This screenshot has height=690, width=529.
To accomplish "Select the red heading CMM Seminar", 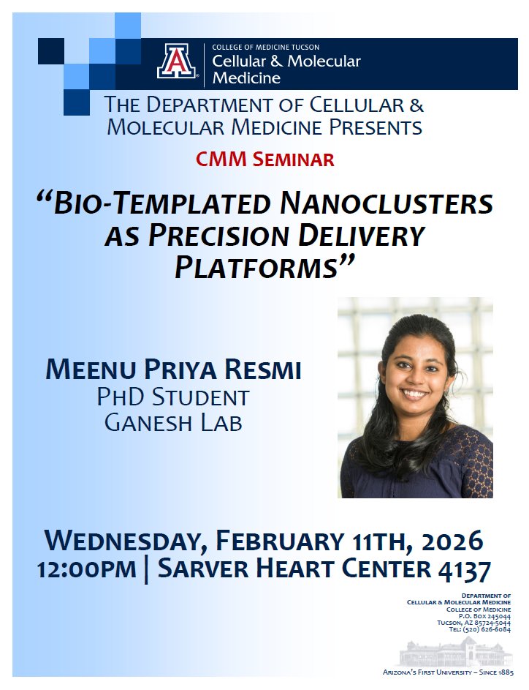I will point(264,159).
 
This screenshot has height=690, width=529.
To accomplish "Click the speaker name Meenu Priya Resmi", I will point(173,370).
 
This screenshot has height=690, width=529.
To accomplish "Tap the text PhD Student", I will point(173,397).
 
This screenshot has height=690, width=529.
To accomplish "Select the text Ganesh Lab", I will point(173,422).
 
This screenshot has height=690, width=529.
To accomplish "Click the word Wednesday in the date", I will point(122,541).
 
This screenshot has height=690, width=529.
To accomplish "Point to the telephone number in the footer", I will point(479,629).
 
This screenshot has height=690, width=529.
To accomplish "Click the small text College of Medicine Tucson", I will point(265,48).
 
